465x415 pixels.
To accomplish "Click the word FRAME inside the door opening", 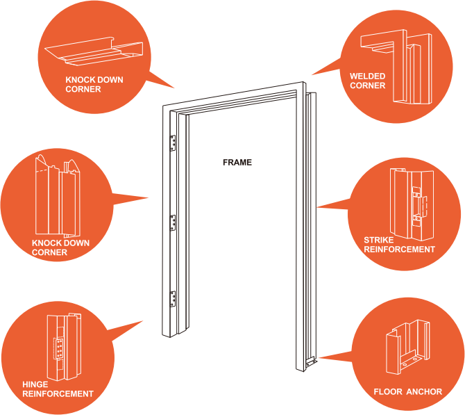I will [237, 163].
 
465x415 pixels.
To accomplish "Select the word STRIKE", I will [379, 241].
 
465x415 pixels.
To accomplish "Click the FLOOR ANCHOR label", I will [407, 391].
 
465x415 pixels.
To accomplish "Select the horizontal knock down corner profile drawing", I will [93, 51].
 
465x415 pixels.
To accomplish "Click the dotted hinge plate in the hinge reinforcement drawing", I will [59, 347].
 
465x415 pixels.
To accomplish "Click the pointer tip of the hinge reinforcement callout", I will [144, 320].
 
